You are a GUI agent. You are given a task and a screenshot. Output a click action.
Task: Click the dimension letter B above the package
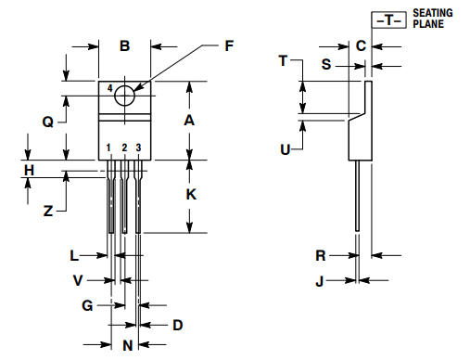click(x=124, y=46)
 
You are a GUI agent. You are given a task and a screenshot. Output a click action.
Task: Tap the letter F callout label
click(x=229, y=46)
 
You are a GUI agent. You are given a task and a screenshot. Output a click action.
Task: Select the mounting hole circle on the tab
click(x=124, y=96)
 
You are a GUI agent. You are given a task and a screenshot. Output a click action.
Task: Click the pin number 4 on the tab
click(x=110, y=88)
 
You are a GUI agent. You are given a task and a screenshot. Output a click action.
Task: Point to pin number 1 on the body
click(x=108, y=148)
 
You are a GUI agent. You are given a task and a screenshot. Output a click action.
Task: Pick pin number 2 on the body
click(x=124, y=148)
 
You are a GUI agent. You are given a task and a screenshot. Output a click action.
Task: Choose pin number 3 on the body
click(x=138, y=148)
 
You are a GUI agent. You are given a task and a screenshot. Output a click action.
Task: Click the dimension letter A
click(x=189, y=121)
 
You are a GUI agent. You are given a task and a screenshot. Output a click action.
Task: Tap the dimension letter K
click(x=191, y=195)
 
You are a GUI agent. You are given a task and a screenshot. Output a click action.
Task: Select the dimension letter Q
click(x=48, y=122)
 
